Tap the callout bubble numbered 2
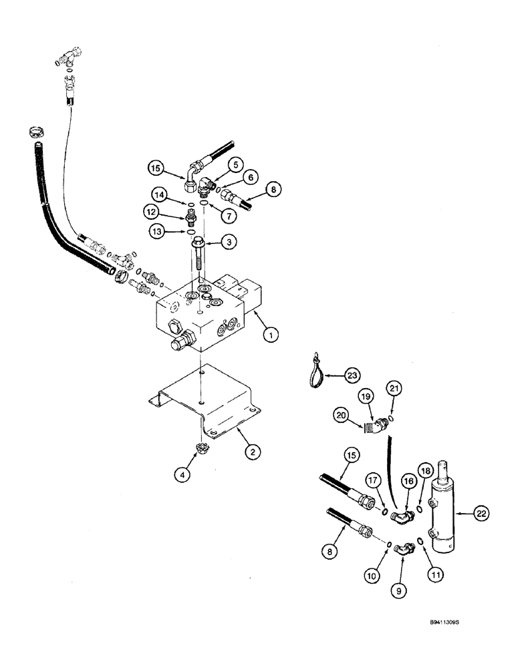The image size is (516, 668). click(251, 453)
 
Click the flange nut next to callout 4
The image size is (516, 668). click(199, 450)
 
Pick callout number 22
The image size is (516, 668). click(481, 513)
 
